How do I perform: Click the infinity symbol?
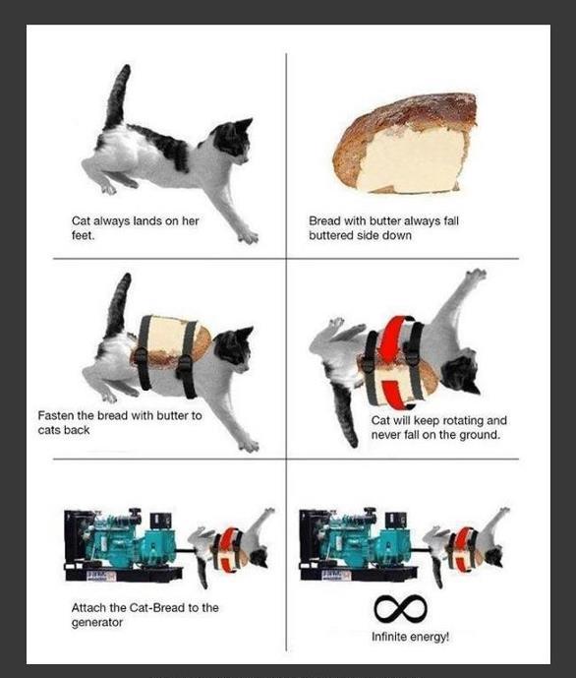400,607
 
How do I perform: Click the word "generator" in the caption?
97,623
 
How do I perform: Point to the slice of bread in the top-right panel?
405,144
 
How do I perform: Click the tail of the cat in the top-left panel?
117,97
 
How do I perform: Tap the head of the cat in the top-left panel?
232,139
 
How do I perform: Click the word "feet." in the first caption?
83,235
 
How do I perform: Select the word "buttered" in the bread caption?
330,235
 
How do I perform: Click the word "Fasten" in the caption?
56,415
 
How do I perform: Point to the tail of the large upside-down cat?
346,414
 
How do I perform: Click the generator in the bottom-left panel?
123,545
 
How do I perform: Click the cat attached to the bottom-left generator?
231,547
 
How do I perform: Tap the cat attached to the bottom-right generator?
466,546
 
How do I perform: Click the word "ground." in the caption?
480,435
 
